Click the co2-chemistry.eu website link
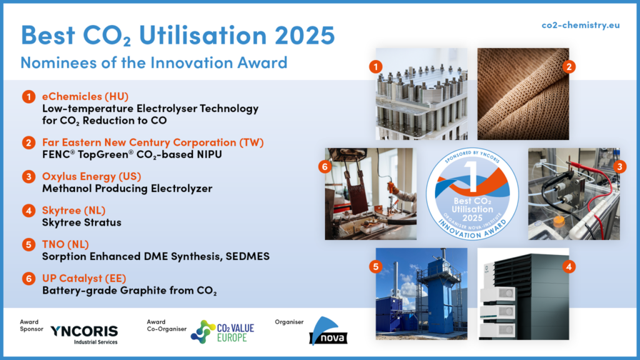[579, 24]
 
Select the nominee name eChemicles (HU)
[85, 96]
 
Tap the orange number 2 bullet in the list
[29, 143]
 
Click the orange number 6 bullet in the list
[29, 278]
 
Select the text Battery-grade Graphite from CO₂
[129, 290]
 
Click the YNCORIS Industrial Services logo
[83, 333]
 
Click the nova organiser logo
[325, 332]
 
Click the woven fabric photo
[523, 94]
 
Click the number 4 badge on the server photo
[569, 266]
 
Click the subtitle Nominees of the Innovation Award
[154, 62]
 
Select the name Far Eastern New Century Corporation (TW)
[153, 142]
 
